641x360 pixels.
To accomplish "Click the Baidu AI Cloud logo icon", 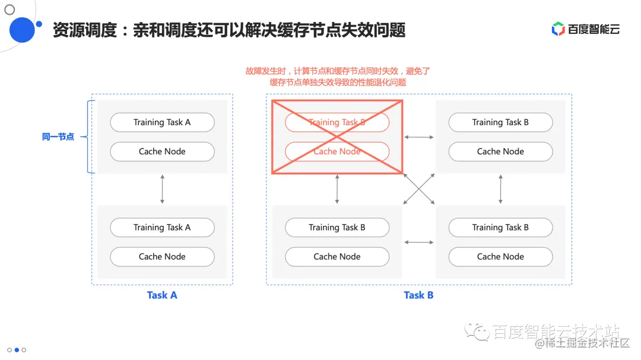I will [558, 28].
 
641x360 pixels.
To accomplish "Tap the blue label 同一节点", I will [58, 137].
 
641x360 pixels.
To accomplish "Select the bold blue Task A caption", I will [162, 295].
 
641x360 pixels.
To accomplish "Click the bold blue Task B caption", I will [418, 295].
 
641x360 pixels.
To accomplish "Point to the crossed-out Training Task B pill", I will [337, 122].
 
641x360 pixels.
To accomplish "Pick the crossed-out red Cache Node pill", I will [337, 151].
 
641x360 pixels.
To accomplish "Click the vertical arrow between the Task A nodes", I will [162, 189].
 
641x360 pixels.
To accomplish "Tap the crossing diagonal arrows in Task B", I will [419, 189].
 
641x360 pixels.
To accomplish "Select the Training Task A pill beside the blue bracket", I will [162, 122].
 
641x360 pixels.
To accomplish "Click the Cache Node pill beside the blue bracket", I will [162, 151].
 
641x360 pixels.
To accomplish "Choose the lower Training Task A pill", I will [162, 227].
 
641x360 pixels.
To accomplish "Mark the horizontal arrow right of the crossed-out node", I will [419, 137].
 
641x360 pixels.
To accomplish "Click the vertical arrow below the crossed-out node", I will [337, 189].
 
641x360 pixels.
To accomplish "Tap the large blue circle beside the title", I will [23, 30].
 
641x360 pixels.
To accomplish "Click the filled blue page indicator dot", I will [17, 350].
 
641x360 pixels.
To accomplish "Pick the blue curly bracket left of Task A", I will [90, 137].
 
